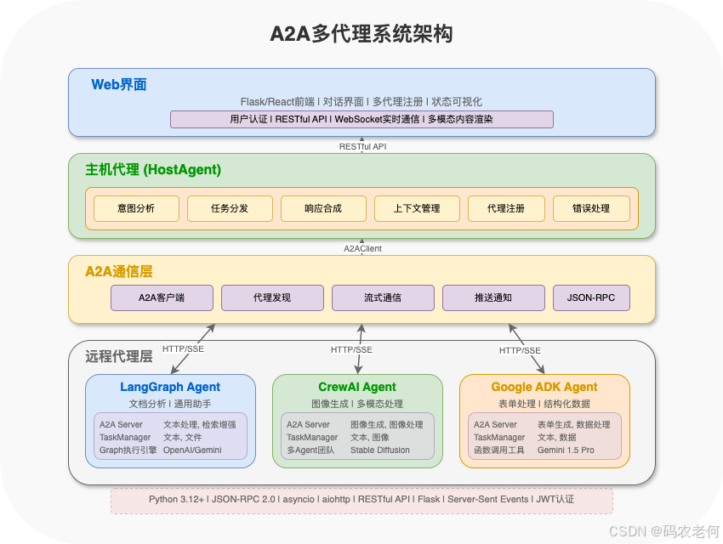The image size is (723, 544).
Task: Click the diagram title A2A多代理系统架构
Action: tap(361, 34)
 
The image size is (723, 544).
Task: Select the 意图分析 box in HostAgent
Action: tap(136, 208)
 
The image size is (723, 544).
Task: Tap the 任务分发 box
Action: tap(230, 208)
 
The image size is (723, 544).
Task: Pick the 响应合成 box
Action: tap(323, 208)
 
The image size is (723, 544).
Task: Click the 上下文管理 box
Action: tap(417, 208)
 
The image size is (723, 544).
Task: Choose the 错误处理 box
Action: tap(591, 208)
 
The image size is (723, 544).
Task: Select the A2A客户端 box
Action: tap(162, 297)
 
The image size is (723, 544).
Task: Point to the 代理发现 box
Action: tap(272, 297)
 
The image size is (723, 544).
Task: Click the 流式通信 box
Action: tap(383, 297)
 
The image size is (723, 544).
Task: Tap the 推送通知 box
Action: tap(493, 297)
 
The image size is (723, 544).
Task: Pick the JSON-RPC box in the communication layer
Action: tap(591, 297)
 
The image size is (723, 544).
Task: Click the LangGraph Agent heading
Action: tap(170, 387)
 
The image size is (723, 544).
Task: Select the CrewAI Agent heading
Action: tap(357, 387)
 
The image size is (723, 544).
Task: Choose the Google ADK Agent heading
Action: tap(544, 387)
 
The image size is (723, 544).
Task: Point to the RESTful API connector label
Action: tap(363, 146)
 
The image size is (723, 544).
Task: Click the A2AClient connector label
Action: tap(363, 248)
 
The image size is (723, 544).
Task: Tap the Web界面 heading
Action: tap(119, 84)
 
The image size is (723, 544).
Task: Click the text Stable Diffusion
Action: tap(380, 450)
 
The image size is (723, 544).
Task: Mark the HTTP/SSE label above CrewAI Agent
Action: tap(351, 349)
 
